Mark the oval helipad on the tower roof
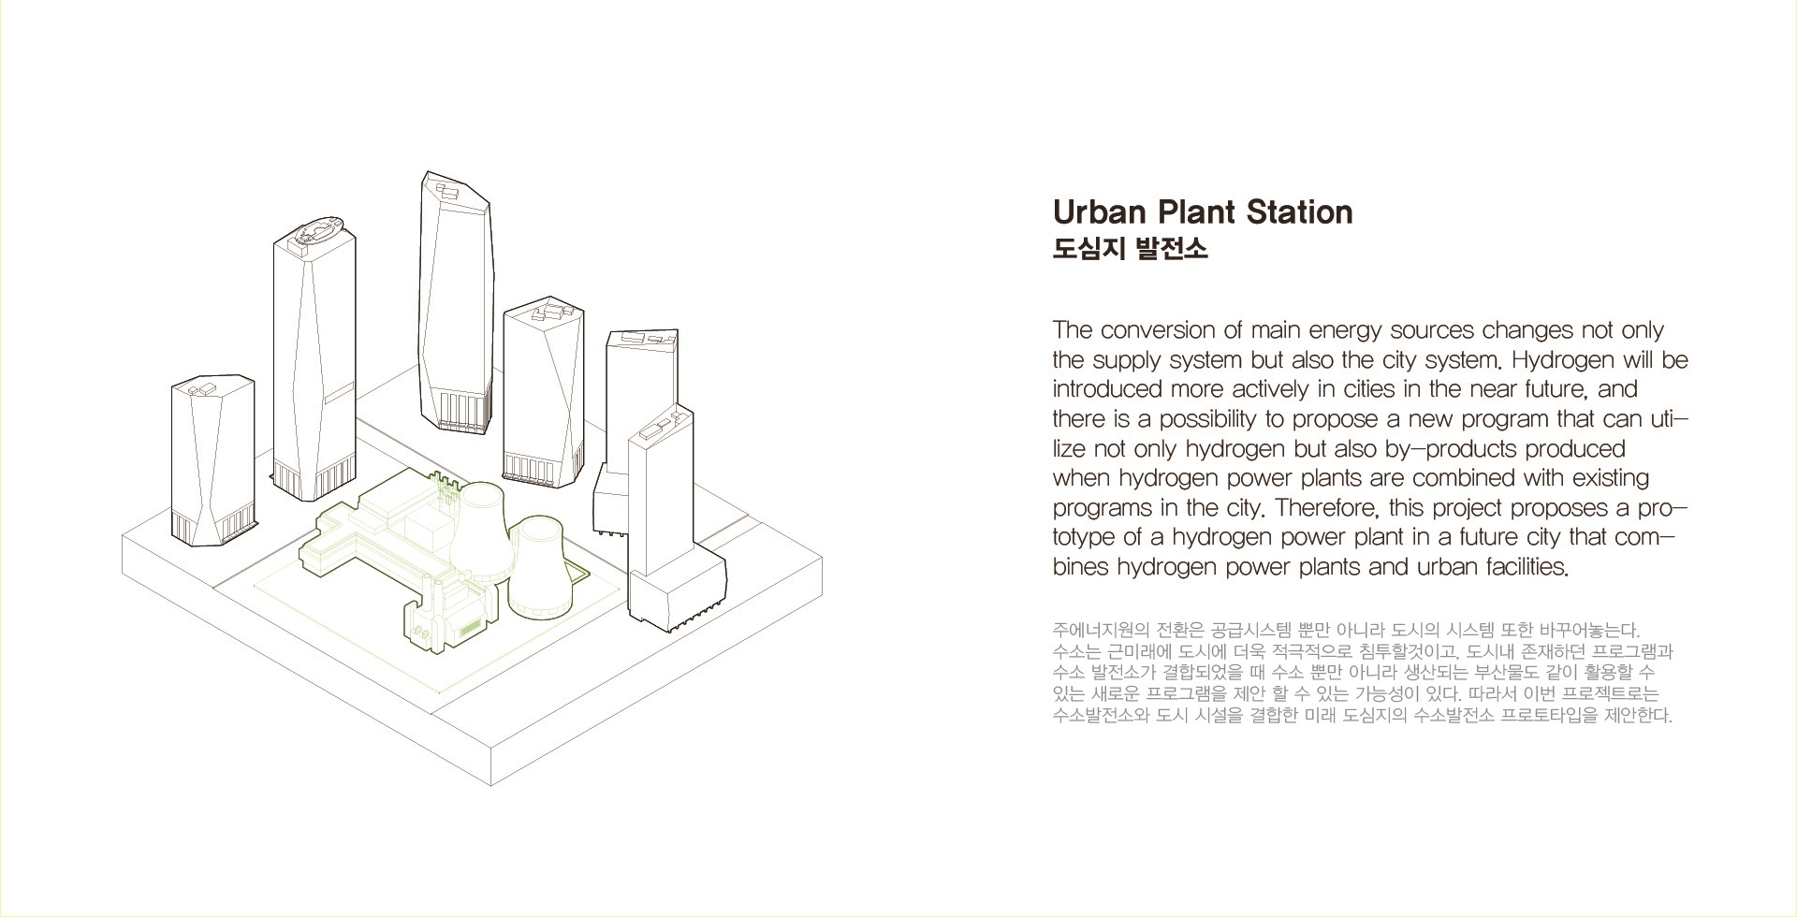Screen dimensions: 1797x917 [x=316, y=230]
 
